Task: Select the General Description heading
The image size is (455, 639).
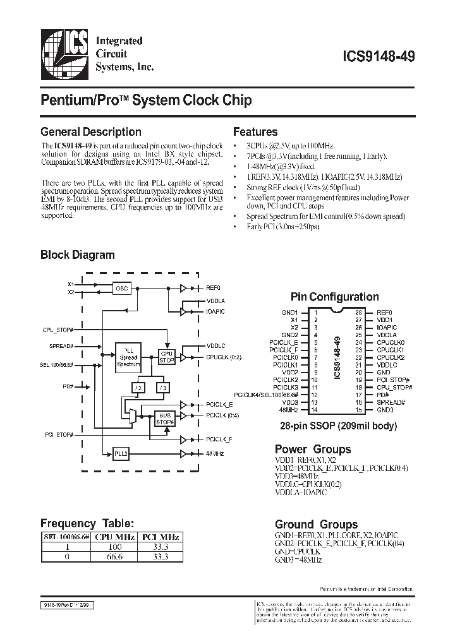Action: point(90,132)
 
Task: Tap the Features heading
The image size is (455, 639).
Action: point(255,132)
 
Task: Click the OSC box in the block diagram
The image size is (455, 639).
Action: point(122,289)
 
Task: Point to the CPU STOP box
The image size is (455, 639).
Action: point(166,357)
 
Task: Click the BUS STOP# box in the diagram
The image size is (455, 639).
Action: point(166,417)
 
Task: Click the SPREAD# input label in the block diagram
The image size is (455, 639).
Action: point(61,346)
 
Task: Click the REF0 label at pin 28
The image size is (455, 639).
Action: point(384,312)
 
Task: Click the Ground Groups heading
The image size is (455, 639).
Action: point(316,524)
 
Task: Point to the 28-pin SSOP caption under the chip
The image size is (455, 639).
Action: point(334,426)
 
